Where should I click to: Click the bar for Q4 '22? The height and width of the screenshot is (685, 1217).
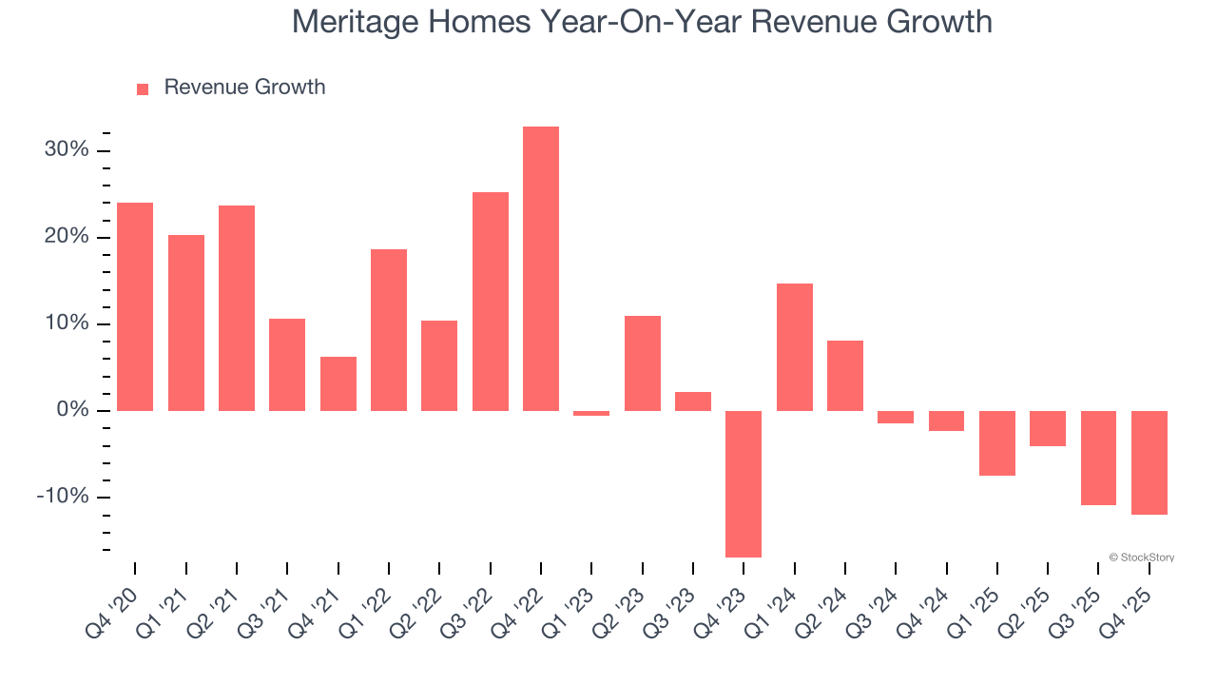541,268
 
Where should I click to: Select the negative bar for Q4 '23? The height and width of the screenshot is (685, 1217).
744,483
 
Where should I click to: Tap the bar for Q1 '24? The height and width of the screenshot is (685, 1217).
795,347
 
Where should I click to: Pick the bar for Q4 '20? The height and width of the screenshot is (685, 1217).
135,306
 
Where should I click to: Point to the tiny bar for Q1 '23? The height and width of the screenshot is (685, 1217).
591,413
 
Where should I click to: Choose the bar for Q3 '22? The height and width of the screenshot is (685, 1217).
491,302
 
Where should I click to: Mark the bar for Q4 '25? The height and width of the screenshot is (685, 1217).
1149,462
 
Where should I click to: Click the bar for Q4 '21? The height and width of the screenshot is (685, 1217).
338,383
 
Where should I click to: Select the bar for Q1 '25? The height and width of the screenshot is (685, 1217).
997,442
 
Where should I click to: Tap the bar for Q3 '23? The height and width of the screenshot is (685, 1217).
693,401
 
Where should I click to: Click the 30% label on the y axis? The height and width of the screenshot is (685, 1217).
66,150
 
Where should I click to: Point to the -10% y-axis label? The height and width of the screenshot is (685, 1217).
63,497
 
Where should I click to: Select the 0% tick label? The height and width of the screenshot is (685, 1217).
72,410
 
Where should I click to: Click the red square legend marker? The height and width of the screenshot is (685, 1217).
143,88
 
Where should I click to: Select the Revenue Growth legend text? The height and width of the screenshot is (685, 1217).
244,88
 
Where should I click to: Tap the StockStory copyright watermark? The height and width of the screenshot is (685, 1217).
1141,558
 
